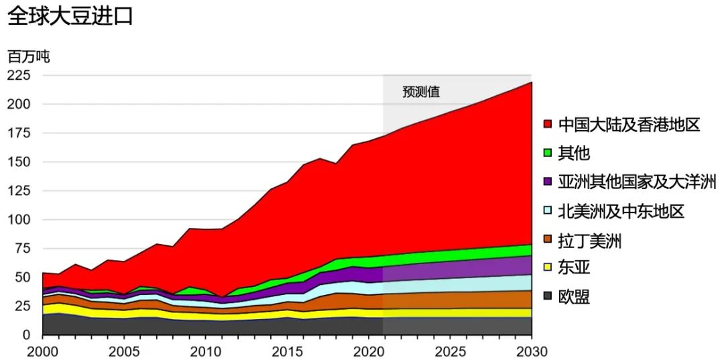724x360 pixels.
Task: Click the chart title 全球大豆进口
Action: tap(70, 15)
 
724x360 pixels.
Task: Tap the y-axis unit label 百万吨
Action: tap(28, 56)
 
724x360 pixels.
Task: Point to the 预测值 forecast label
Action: tap(421, 92)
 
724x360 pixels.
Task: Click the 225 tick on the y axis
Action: tap(19, 75)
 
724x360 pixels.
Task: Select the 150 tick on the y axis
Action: tap(19, 162)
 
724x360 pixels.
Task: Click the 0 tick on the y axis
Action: tap(27, 335)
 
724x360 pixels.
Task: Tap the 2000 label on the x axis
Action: tap(42, 351)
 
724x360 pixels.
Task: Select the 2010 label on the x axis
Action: tap(205, 351)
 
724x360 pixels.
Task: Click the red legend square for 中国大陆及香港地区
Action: tap(548, 125)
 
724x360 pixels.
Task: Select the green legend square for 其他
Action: tap(548, 154)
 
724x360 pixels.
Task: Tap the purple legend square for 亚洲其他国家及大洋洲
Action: tap(548, 182)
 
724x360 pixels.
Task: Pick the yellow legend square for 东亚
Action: tap(548, 269)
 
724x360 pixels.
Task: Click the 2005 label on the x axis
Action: tap(123, 351)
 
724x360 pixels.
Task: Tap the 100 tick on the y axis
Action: tap(19, 220)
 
